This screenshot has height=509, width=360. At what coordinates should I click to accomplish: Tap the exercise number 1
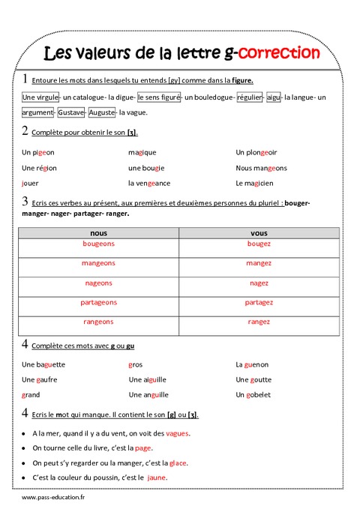(25, 79)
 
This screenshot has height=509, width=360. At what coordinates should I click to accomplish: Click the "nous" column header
(98, 233)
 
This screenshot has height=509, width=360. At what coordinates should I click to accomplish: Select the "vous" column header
(259, 233)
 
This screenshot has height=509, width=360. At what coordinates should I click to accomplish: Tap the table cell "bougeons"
(98, 244)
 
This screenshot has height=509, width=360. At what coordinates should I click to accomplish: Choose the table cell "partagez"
(259, 303)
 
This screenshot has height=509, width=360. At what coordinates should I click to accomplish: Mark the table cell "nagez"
(259, 283)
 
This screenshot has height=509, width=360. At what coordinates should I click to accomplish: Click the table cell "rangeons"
(98, 322)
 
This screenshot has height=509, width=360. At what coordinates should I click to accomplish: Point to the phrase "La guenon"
(252, 364)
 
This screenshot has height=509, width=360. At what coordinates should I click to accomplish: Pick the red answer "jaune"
(157, 478)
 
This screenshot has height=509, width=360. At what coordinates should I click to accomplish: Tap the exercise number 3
(25, 201)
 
